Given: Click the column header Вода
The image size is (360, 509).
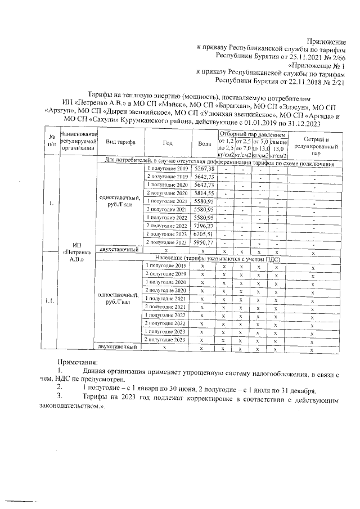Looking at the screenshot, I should pyautogui.click(x=204, y=143).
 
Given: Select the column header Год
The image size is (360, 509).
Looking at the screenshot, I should pyautogui.click(x=167, y=143).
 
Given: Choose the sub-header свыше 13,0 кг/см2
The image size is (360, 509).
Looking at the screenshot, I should pyautogui.click(x=278, y=147).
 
